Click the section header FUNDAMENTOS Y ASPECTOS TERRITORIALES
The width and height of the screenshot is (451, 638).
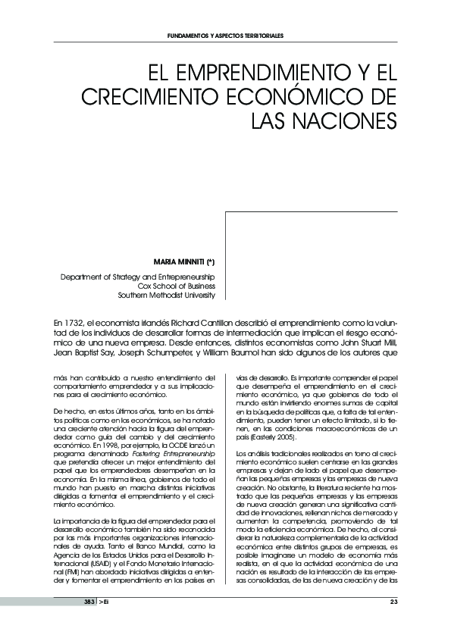pyautogui.click(x=225, y=36)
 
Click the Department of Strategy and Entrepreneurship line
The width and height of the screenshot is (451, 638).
pyautogui.click(x=138, y=277)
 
